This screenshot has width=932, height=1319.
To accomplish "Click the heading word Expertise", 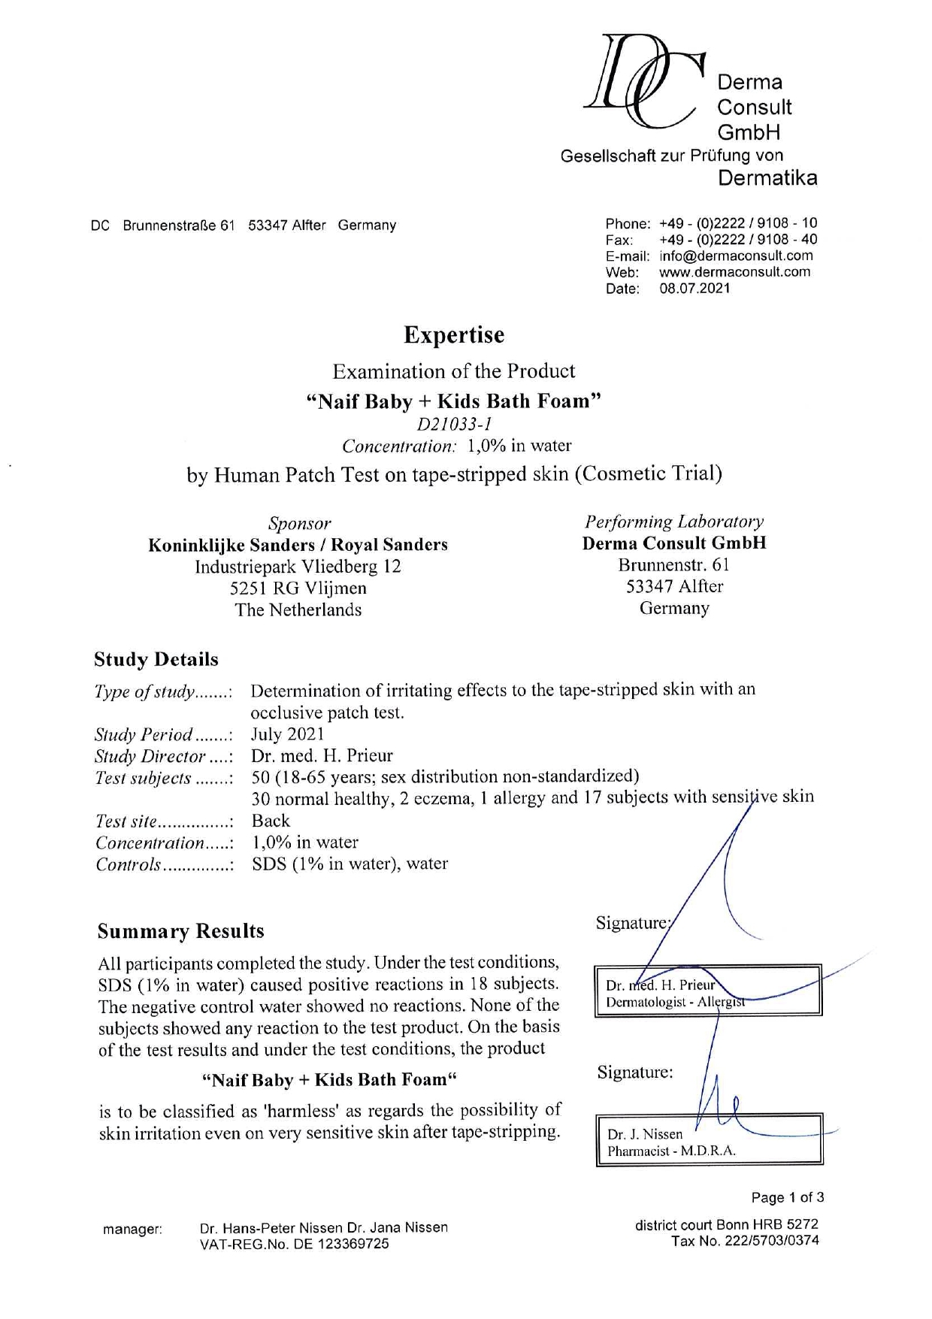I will click(454, 334).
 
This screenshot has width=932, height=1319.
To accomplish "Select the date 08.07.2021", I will click(694, 289).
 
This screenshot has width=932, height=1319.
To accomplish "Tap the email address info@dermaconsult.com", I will click(736, 256).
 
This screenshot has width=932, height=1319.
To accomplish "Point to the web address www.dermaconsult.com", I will click(734, 272).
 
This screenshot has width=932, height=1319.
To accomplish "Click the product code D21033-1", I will click(454, 424).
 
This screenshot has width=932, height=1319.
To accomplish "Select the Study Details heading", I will click(156, 660).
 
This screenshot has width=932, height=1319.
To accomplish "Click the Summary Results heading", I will click(180, 931).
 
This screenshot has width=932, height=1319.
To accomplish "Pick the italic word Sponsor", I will click(299, 523).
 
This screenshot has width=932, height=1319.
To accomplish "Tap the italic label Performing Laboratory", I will click(674, 522).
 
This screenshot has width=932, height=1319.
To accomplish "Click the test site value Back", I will click(271, 821).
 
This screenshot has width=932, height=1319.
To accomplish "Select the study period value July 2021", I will click(287, 734).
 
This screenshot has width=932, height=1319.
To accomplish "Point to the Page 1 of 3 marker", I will click(787, 1197).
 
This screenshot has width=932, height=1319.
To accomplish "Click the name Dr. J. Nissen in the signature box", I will click(645, 1134).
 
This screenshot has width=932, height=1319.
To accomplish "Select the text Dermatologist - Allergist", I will click(675, 1002).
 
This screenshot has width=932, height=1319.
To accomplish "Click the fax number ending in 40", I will click(737, 240).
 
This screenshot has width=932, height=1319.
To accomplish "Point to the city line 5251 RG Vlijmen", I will click(298, 588).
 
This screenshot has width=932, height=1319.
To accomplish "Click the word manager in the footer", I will click(132, 1230).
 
